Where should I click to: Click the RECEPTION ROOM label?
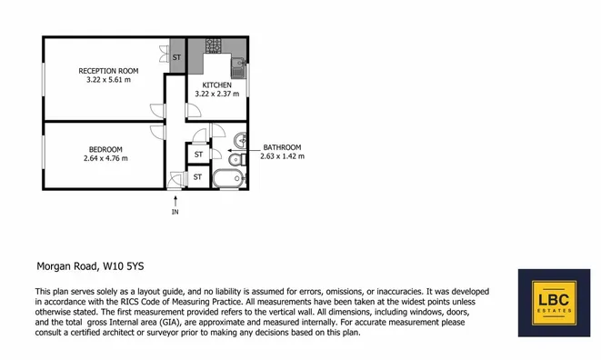pyautogui.click(x=108, y=71)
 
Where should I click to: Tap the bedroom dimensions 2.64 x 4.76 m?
pyautogui.click(x=105, y=158)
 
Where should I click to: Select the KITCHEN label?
pyautogui.click(x=217, y=85)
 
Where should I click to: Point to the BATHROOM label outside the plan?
pyautogui.click(x=282, y=147)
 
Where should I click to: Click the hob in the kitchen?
pyautogui.click(x=214, y=45)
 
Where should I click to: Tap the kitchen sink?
pyautogui.click(x=238, y=67)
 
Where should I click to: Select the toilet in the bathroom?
pyautogui.click(x=237, y=159)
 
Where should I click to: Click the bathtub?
pyautogui.click(x=229, y=178)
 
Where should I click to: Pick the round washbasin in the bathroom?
pyautogui.click(x=241, y=140)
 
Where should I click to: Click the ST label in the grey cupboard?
pyautogui.click(x=176, y=57)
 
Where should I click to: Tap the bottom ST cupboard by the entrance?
pyautogui.click(x=197, y=176)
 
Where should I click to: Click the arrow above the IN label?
pyautogui.click(x=175, y=201)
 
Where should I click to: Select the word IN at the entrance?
pyautogui.click(x=175, y=212)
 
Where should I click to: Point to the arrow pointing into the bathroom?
pyautogui.click(x=237, y=151)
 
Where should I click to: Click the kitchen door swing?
pyautogui.click(x=194, y=110)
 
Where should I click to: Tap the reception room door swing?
pyautogui.click(x=157, y=111)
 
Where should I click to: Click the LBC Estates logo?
pyautogui.click(x=555, y=303)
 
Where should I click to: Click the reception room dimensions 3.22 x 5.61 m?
pyautogui.click(x=108, y=80)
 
